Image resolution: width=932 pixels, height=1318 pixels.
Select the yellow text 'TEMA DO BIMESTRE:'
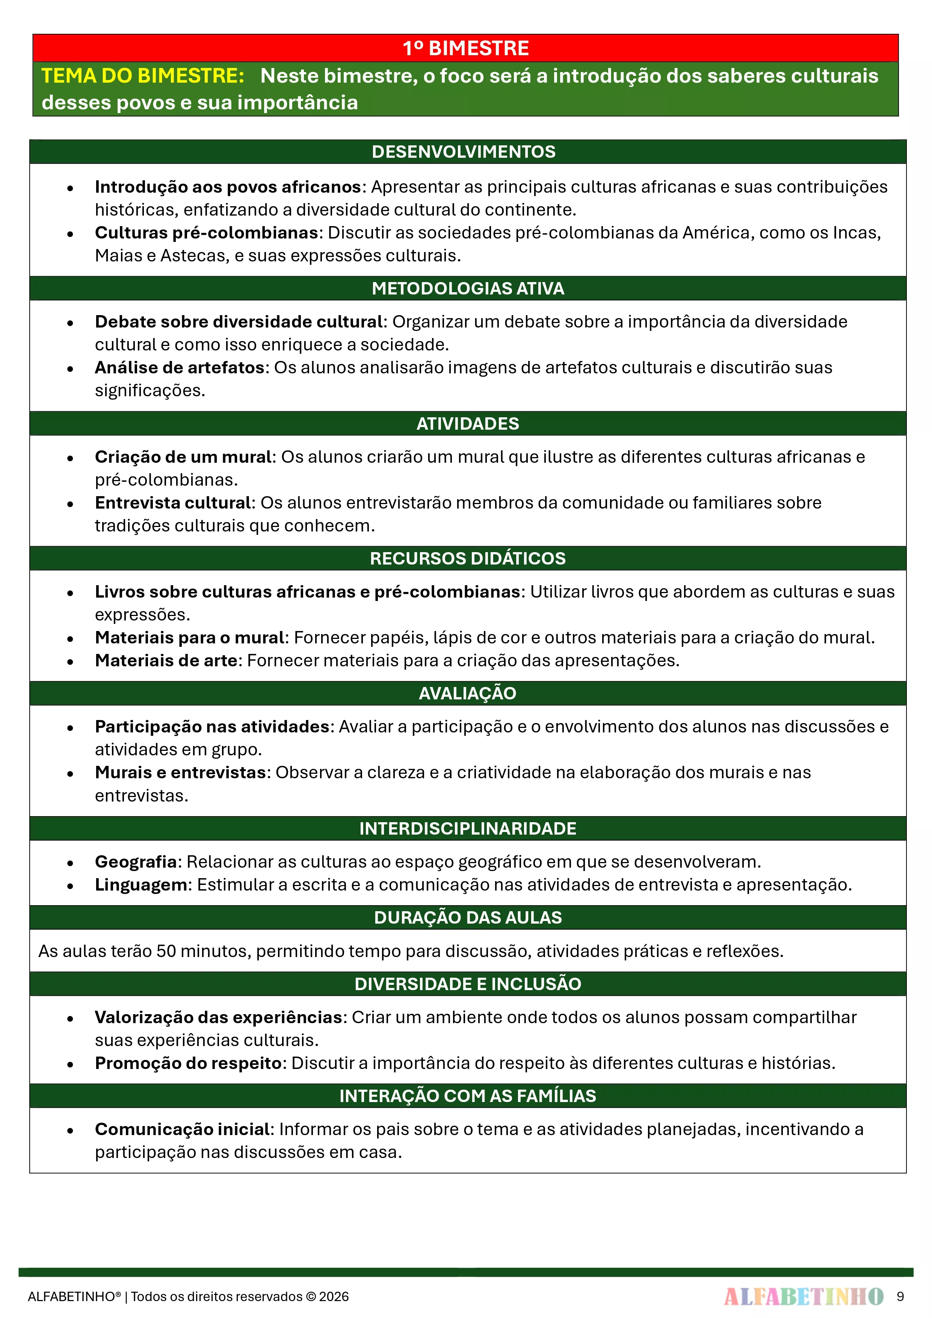143,76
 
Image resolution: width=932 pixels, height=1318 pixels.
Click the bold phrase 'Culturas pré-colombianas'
206,232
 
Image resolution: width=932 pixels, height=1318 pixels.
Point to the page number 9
900,1296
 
